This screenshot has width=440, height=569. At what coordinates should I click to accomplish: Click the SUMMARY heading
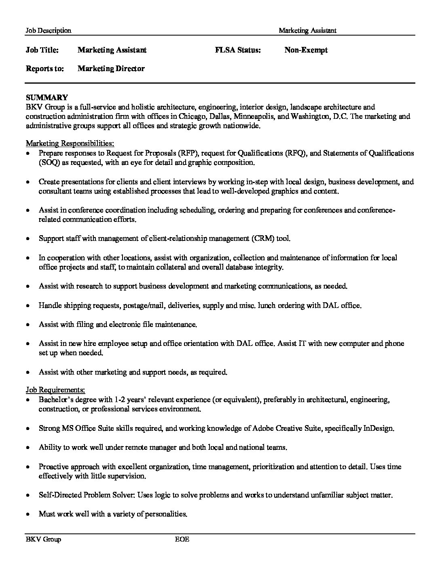coord(47,98)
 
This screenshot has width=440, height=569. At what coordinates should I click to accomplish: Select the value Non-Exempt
coord(306,50)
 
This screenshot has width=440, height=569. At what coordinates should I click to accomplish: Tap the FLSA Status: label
coord(238,50)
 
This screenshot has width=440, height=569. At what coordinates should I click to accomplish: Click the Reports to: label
coord(45,69)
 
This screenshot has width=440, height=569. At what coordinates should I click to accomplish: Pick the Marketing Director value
coord(111,69)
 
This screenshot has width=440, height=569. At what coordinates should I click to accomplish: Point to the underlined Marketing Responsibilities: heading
coord(70,143)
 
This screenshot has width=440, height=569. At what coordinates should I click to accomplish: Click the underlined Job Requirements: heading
coord(55,390)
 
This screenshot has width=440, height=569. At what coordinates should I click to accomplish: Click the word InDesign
coord(379,428)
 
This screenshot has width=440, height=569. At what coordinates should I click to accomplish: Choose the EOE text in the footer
coord(182,539)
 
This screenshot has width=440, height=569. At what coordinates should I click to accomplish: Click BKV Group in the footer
coord(43,539)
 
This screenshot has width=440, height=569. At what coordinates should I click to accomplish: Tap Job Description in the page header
coord(48,30)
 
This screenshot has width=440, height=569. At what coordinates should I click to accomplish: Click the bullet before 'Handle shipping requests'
coord(27,306)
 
